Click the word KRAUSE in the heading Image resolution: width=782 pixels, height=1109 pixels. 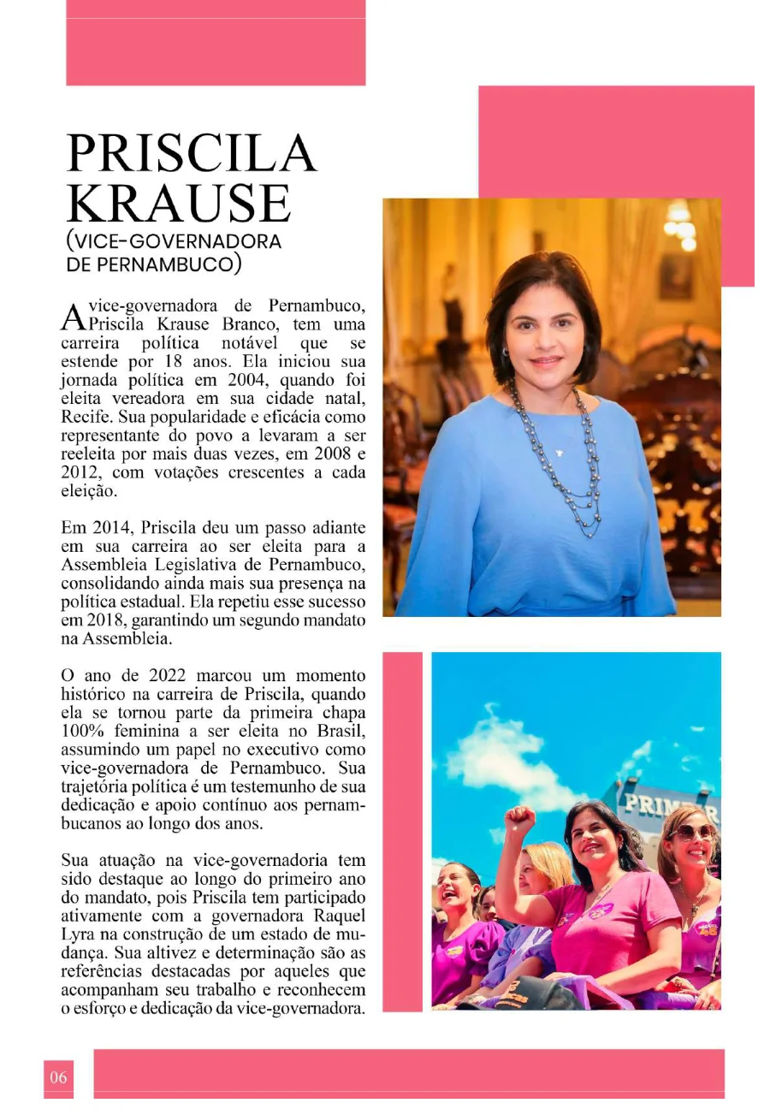(179, 203)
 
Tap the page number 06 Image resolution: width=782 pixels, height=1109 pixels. (58, 1077)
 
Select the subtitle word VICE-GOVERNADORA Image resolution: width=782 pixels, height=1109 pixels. (174, 241)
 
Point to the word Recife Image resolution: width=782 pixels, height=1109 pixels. (85, 417)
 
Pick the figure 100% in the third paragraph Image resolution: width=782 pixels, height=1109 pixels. (86, 732)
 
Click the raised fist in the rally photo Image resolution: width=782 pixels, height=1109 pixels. (518, 820)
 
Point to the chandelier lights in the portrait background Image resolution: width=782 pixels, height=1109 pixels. (682, 226)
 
